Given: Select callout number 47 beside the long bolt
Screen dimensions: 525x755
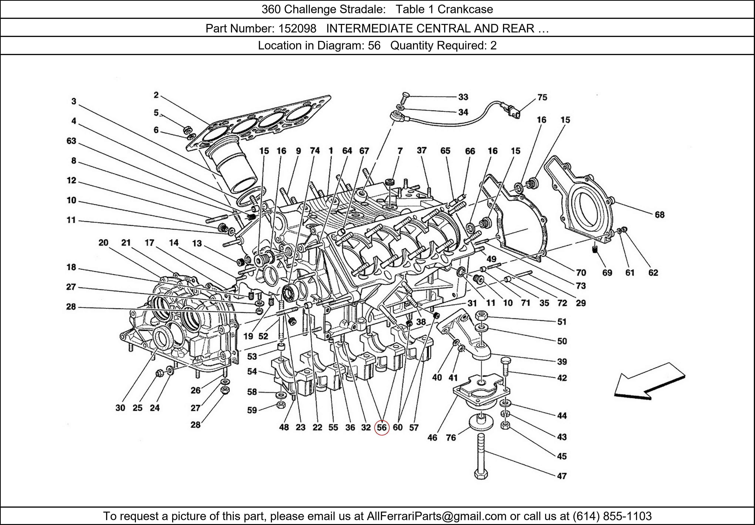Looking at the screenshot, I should click(562, 476).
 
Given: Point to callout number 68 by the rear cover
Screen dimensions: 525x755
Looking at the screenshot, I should click(659, 215).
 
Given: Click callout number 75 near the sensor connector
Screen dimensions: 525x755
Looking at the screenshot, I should click(542, 97).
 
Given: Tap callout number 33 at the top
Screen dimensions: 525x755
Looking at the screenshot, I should click(463, 97).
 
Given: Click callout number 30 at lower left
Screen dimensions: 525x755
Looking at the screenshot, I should click(120, 408).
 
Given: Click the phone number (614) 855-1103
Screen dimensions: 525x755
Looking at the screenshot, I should click(612, 516).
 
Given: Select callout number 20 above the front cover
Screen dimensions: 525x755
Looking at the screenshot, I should click(103, 243).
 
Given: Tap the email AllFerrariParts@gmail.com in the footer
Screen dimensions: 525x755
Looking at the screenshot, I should click(436, 516).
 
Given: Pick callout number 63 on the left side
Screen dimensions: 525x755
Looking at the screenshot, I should click(71, 141).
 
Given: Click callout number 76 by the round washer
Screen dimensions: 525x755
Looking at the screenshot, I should click(451, 438).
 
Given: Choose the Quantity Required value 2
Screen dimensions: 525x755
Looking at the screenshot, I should click(493, 45).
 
